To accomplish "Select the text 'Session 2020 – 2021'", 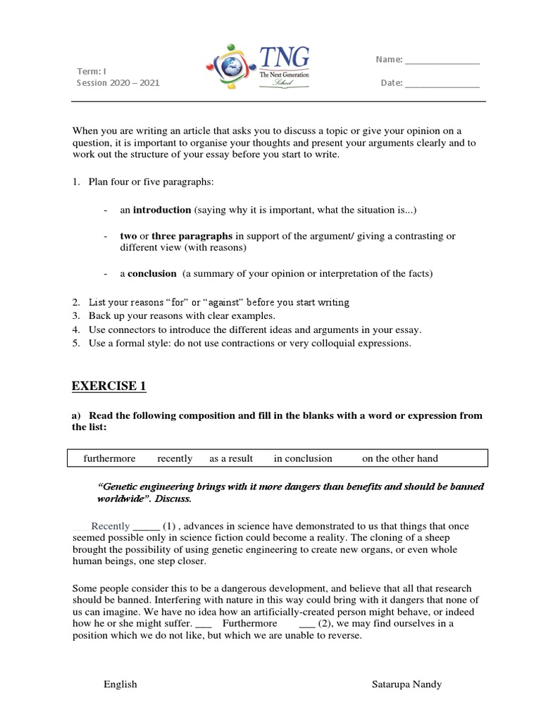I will pos(118,82).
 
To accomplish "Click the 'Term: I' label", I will pos(92,70).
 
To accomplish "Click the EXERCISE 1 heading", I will pos(109,386).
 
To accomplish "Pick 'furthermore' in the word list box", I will pos(109,458).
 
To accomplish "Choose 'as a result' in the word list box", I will pos(231,458).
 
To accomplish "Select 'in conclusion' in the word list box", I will pos(303,458).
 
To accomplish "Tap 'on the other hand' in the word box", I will pos(400,458).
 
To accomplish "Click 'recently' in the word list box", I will pos(175,458).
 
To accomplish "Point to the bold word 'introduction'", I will pos(162,210).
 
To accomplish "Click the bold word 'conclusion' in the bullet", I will pos(152,273).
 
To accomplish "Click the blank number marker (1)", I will pos(170,526).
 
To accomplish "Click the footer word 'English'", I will pos(120,684).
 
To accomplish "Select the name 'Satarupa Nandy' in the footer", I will pos(407,684).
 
